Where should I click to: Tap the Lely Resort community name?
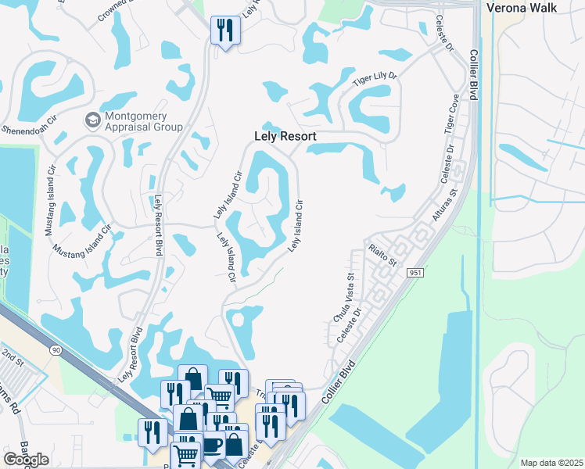coord(285,136)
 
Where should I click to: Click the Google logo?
coord(26,459)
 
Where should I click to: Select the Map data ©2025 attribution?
coord(551,463)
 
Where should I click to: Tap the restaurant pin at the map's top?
coord(225,31)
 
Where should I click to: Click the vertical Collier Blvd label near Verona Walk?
coord(474,75)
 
